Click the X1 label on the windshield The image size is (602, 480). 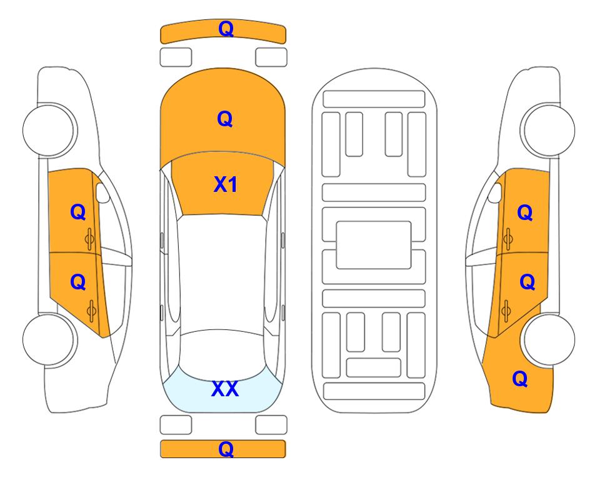[x=226, y=184]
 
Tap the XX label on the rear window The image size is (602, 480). [x=225, y=389]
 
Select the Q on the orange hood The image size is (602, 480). [x=225, y=119]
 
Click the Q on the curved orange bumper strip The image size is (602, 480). [x=226, y=28]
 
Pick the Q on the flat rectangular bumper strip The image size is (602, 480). [x=226, y=449]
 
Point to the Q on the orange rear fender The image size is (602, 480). [x=520, y=379]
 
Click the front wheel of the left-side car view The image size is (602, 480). [x=49, y=130]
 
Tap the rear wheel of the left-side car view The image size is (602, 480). [x=49, y=339]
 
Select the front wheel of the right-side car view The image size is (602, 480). [x=549, y=130]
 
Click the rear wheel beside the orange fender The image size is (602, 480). [x=549, y=339]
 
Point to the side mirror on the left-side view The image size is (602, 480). [x=103, y=192]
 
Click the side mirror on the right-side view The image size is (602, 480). [x=495, y=192]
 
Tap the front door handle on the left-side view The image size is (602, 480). [x=90, y=239]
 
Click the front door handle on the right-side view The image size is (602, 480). [x=508, y=239]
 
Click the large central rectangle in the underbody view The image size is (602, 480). [x=374, y=245]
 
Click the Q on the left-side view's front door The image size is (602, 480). [x=78, y=212]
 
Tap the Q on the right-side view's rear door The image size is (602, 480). [x=527, y=282]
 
